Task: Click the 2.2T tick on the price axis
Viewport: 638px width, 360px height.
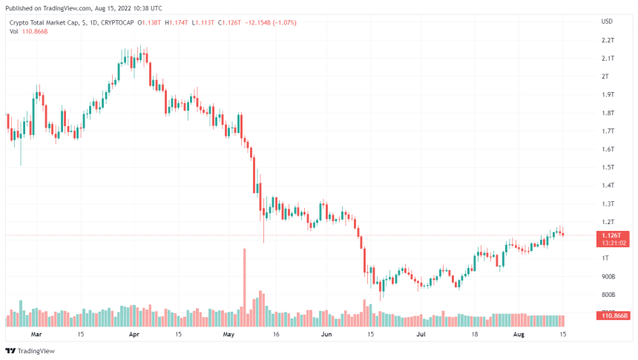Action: [x=607, y=40]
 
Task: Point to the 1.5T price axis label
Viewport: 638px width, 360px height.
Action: [x=607, y=167]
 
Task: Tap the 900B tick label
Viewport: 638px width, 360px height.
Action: [x=608, y=276]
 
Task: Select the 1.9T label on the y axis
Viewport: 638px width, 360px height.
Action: [x=607, y=94]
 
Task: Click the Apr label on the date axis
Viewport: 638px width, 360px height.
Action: [x=134, y=335]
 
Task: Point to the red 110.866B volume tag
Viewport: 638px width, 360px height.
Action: [x=612, y=316]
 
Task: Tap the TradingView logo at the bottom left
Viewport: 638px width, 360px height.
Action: [x=30, y=351]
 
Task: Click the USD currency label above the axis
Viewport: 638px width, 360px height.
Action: [x=606, y=22]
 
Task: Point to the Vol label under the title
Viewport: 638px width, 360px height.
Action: [x=13, y=32]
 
